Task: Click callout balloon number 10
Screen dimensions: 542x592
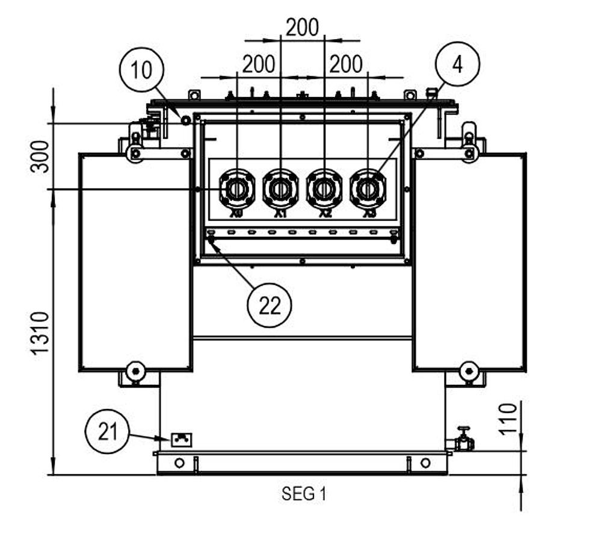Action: click(x=142, y=70)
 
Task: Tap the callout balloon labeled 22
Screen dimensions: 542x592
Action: click(x=270, y=306)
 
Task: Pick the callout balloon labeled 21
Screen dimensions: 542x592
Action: click(x=107, y=432)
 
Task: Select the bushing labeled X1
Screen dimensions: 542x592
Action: click(x=280, y=188)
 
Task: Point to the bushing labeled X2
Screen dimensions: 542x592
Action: click(x=324, y=188)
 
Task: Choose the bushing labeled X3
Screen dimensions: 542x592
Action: click(x=368, y=188)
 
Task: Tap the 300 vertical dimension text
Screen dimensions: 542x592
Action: click(x=40, y=156)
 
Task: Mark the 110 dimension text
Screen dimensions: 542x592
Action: click(x=508, y=419)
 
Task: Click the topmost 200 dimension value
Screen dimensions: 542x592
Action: click(x=302, y=27)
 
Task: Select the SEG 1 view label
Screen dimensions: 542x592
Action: click(x=304, y=494)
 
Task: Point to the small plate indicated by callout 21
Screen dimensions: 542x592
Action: click(x=182, y=440)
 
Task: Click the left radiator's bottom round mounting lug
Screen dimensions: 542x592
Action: click(x=135, y=370)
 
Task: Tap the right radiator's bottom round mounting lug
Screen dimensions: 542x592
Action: click(x=469, y=370)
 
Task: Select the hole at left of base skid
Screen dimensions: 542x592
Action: click(x=179, y=463)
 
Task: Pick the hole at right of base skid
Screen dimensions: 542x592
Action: click(x=425, y=463)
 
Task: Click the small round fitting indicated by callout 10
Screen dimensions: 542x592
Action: click(x=186, y=120)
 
